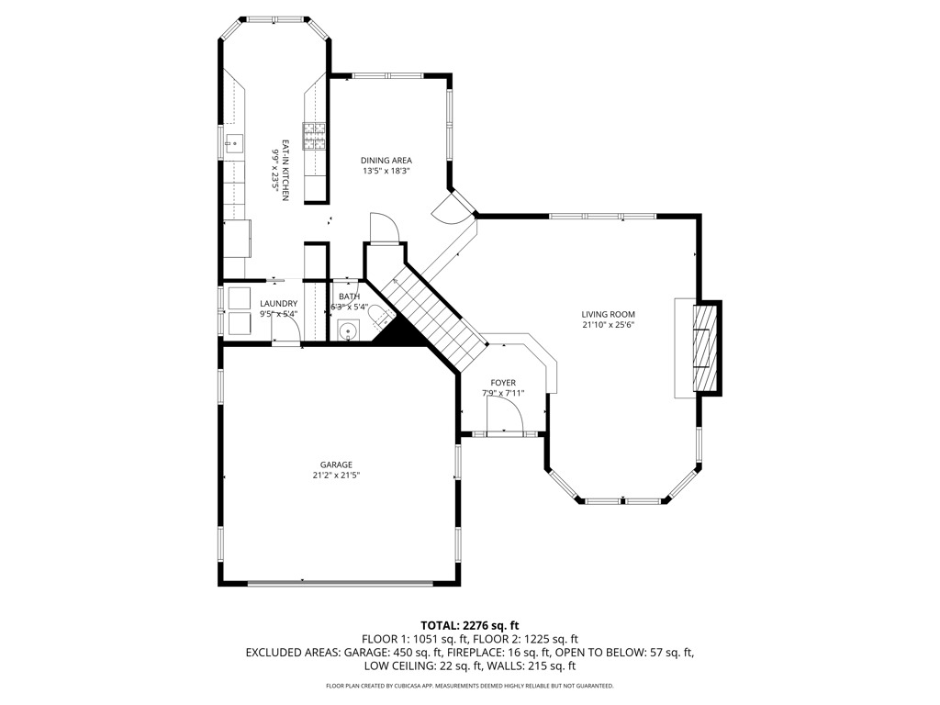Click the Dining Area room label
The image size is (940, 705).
386,161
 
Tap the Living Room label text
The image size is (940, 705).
608,314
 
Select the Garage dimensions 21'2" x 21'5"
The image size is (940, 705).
336,476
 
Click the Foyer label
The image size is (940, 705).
503,383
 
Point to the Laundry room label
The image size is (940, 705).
278,303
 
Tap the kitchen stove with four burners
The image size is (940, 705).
314,136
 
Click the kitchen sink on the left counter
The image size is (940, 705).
234,142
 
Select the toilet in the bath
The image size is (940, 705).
378,316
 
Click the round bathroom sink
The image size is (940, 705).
348,330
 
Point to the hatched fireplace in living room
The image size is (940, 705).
705,348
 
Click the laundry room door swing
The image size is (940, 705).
286,328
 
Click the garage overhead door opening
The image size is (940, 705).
340,582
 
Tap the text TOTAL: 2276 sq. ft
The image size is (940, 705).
469,626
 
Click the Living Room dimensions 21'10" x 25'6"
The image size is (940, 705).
608,326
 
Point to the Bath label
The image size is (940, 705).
349,297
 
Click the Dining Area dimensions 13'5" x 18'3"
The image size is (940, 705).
386,171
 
